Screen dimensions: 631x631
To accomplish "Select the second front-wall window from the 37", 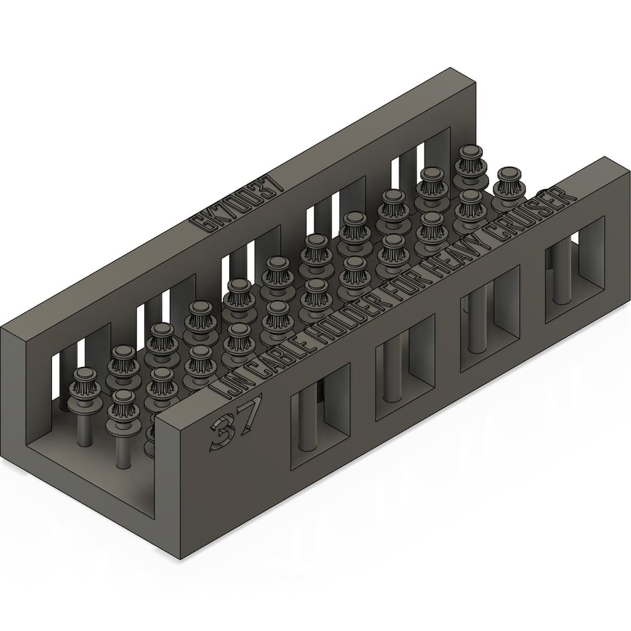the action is click(405, 368).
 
